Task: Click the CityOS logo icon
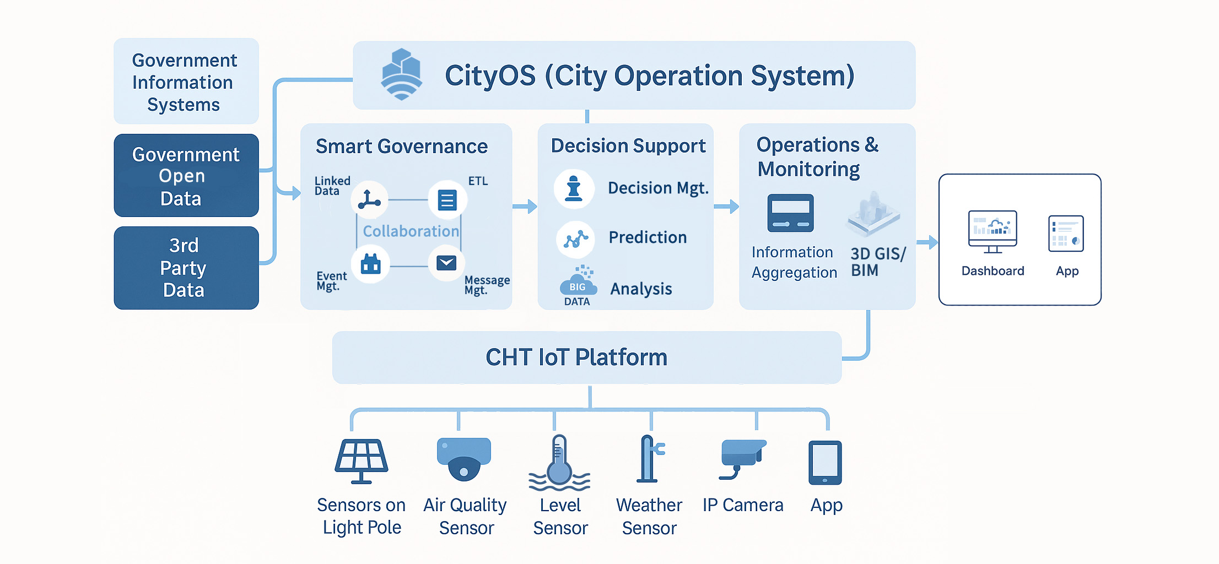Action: click(x=402, y=74)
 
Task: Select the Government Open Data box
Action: click(x=186, y=176)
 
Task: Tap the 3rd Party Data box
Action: click(x=186, y=268)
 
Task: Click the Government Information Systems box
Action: click(x=186, y=82)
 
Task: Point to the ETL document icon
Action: click(x=447, y=200)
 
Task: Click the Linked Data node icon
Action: click(x=369, y=199)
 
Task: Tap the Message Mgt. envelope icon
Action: click(x=446, y=263)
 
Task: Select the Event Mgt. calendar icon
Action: click(x=370, y=264)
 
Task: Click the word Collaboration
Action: click(x=411, y=231)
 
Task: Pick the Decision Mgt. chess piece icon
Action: click(x=574, y=188)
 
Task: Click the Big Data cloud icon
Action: click(x=578, y=283)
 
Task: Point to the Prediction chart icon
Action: click(x=575, y=239)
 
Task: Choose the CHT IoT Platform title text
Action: click(x=576, y=357)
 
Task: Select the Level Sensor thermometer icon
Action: click(x=559, y=463)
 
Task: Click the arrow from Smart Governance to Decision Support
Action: click(x=525, y=207)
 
